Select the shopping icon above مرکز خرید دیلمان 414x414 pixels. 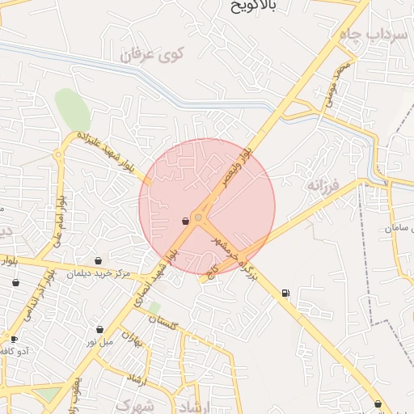click(99, 260)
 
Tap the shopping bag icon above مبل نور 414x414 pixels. click(99, 329)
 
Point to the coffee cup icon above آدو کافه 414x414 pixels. click(14, 339)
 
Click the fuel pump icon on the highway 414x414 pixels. click(285, 293)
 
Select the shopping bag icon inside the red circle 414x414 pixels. click(186, 220)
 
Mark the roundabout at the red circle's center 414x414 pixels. click(199, 217)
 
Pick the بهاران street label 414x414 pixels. click(132, 339)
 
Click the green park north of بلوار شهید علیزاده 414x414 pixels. click(72, 109)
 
